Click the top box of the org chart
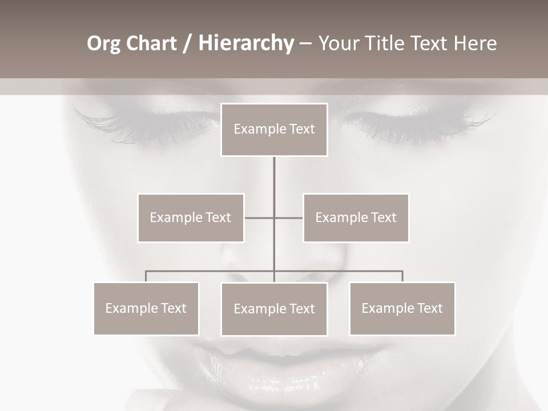(x=274, y=130)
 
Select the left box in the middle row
(x=191, y=217)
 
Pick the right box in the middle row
(x=356, y=217)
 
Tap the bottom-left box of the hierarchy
(x=146, y=308)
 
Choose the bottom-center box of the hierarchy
(x=274, y=309)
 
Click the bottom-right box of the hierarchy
(x=402, y=308)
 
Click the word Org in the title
(x=103, y=43)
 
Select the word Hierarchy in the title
(x=245, y=43)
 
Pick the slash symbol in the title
(x=187, y=43)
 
